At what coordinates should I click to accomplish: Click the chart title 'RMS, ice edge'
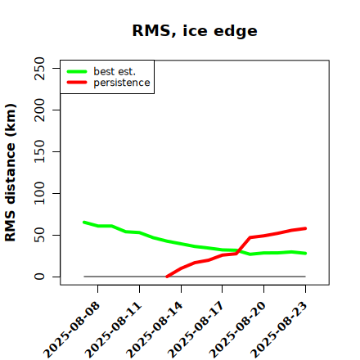pyautogui.click(x=195, y=31)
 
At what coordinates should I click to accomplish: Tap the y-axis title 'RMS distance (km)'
pyautogui.click(x=11, y=173)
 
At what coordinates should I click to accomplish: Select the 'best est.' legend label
pyautogui.click(x=115, y=71)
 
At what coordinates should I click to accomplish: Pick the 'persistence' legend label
pyautogui.click(x=122, y=83)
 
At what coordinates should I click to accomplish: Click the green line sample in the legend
pyautogui.click(x=77, y=72)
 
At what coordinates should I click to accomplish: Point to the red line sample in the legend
pyautogui.click(x=77, y=83)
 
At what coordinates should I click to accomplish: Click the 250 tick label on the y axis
pyautogui.click(x=39, y=68)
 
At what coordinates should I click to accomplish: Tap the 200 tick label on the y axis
pyautogui.click(x=39, y=110)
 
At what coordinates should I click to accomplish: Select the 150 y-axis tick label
pyautogui.click(x=39, y=151)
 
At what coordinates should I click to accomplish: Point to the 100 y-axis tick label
pyautogui.click(x=39, y=193)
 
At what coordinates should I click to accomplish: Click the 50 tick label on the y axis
pyautogui.click(x=39, y=235)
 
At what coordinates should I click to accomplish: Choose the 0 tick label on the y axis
pyautogui.click(x=39, y=277)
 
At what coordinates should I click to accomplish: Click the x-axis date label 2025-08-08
pyautogui.click(x=71, y=330)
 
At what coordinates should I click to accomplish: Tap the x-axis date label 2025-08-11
pyautogui.click(x=113, y=330)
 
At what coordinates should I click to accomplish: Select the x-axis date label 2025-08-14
pyautogui.click(x=155, y=330)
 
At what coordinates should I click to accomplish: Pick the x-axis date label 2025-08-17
pyautogui.click(x=196, y=330)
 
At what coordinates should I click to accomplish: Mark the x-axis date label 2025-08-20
pyautogui.click(x=237, y=330)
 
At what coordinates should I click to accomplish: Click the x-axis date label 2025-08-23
pyautogui.click(x=279, y=330)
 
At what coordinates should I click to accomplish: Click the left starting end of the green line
pyautogui.click(x=84, y=223)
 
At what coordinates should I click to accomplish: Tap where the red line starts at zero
pyautogui.click(x=167, y=277)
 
